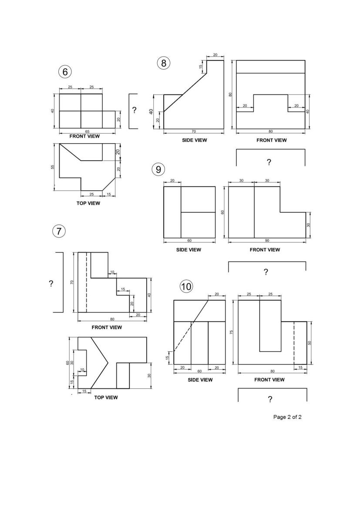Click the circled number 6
click(65, 72)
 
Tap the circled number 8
click(164, 63)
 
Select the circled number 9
click(158, 169)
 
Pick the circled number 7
click(59, 232)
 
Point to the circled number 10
click(186, 287)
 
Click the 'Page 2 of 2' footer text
click(287, 417)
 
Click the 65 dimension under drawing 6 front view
click(87, 131)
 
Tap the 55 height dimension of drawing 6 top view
click(53, 167)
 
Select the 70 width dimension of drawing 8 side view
click(194, 131)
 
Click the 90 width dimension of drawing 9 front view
click(267, 240)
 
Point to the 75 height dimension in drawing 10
click(232, 332)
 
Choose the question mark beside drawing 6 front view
click(134, 110)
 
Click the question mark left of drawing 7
click(51, 283)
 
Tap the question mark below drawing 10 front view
click(270, 399)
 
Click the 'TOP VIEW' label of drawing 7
click(106, 398)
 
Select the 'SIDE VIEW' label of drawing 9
click(188, 249)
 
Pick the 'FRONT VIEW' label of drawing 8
click(272, 140)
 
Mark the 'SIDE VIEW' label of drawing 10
click(200, 380)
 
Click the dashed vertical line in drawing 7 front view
click(86, 282)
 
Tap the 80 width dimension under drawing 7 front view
click(112, 319)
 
